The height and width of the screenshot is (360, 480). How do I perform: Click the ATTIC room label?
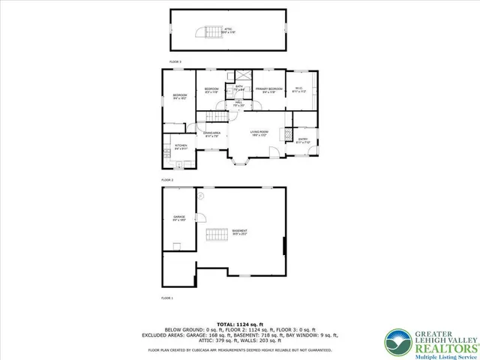tap(229, 31)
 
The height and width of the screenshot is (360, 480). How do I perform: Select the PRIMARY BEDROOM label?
tap(268, 90)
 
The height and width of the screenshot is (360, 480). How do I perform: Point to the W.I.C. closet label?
tap(298, 90)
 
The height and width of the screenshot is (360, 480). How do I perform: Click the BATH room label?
tap(238, 88)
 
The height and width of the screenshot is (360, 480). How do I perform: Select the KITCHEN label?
tap(181, 147)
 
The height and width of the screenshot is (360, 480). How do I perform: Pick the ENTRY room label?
tap(302, 140)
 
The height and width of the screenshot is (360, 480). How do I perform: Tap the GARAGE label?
tap(179, 219)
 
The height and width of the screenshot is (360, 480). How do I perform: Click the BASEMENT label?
tap(239, 232)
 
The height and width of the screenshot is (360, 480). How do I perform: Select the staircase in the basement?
tap(217, 233)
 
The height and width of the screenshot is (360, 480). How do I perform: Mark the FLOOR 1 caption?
tap(166, 298)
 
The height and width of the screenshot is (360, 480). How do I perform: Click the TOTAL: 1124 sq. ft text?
tap(238, 322)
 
